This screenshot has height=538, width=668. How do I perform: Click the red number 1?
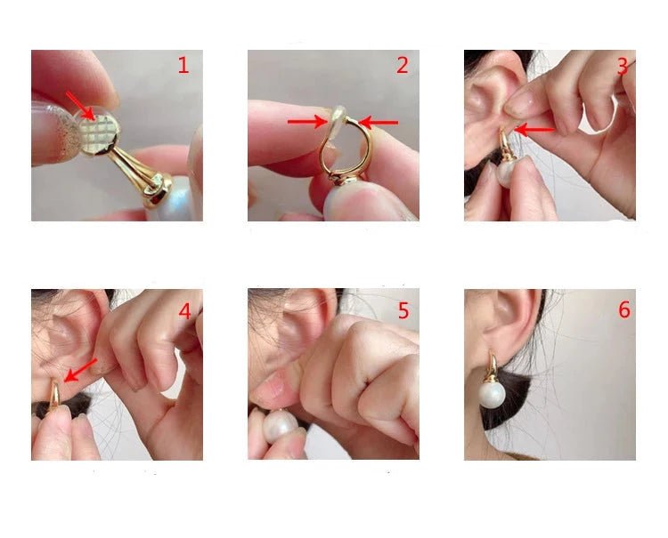click(183, 65)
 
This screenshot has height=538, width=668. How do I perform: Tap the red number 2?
click(403, 65)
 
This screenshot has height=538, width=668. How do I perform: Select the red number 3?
click(623, 67)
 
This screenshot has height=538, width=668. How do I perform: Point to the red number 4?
click(184, 311)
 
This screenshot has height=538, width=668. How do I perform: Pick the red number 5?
click(403, 311)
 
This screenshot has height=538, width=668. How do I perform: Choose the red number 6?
click(624, 310)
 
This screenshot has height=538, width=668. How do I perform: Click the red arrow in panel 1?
click(80, 106)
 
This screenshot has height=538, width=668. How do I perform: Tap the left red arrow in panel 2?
click(307, 122)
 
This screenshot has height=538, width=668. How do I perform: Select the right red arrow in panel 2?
click(379, 123)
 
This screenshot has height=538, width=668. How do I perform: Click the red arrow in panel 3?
click(534, 129)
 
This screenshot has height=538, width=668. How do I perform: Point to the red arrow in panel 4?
click(80, 371)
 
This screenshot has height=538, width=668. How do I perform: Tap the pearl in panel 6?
click(492, 395)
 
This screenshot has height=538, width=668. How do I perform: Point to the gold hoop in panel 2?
click(346, 149)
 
